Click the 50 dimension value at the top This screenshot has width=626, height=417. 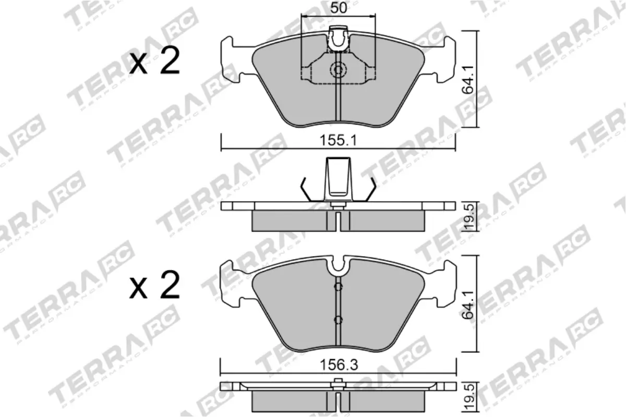(x=339, y=8)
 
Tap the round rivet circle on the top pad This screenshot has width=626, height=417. (x=339, y=69)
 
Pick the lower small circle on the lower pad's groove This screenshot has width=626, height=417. (x=339, y=320)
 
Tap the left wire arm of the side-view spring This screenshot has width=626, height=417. (x=305, y=189)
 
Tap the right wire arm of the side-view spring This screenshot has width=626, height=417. (x=371, y=189)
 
